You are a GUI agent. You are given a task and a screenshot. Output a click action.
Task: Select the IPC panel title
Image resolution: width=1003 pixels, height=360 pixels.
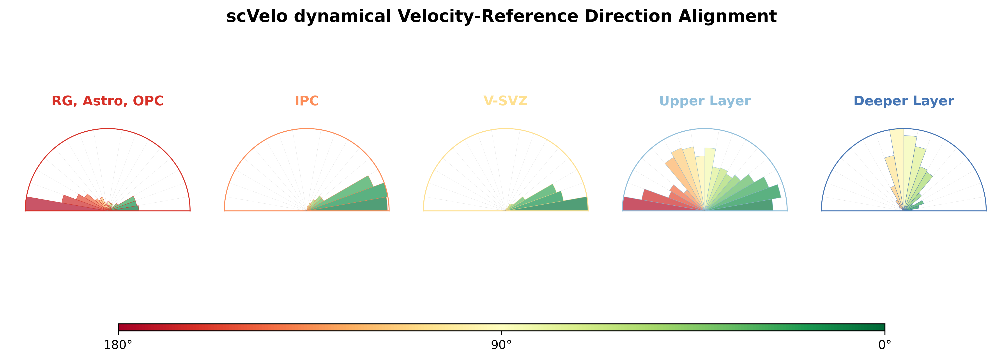coord(307,101)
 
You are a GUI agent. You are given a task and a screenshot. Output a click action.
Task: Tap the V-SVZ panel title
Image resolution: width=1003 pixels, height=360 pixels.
coord(505,101)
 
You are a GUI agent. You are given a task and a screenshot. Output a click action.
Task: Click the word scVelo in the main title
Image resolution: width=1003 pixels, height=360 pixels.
coord(257,17)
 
